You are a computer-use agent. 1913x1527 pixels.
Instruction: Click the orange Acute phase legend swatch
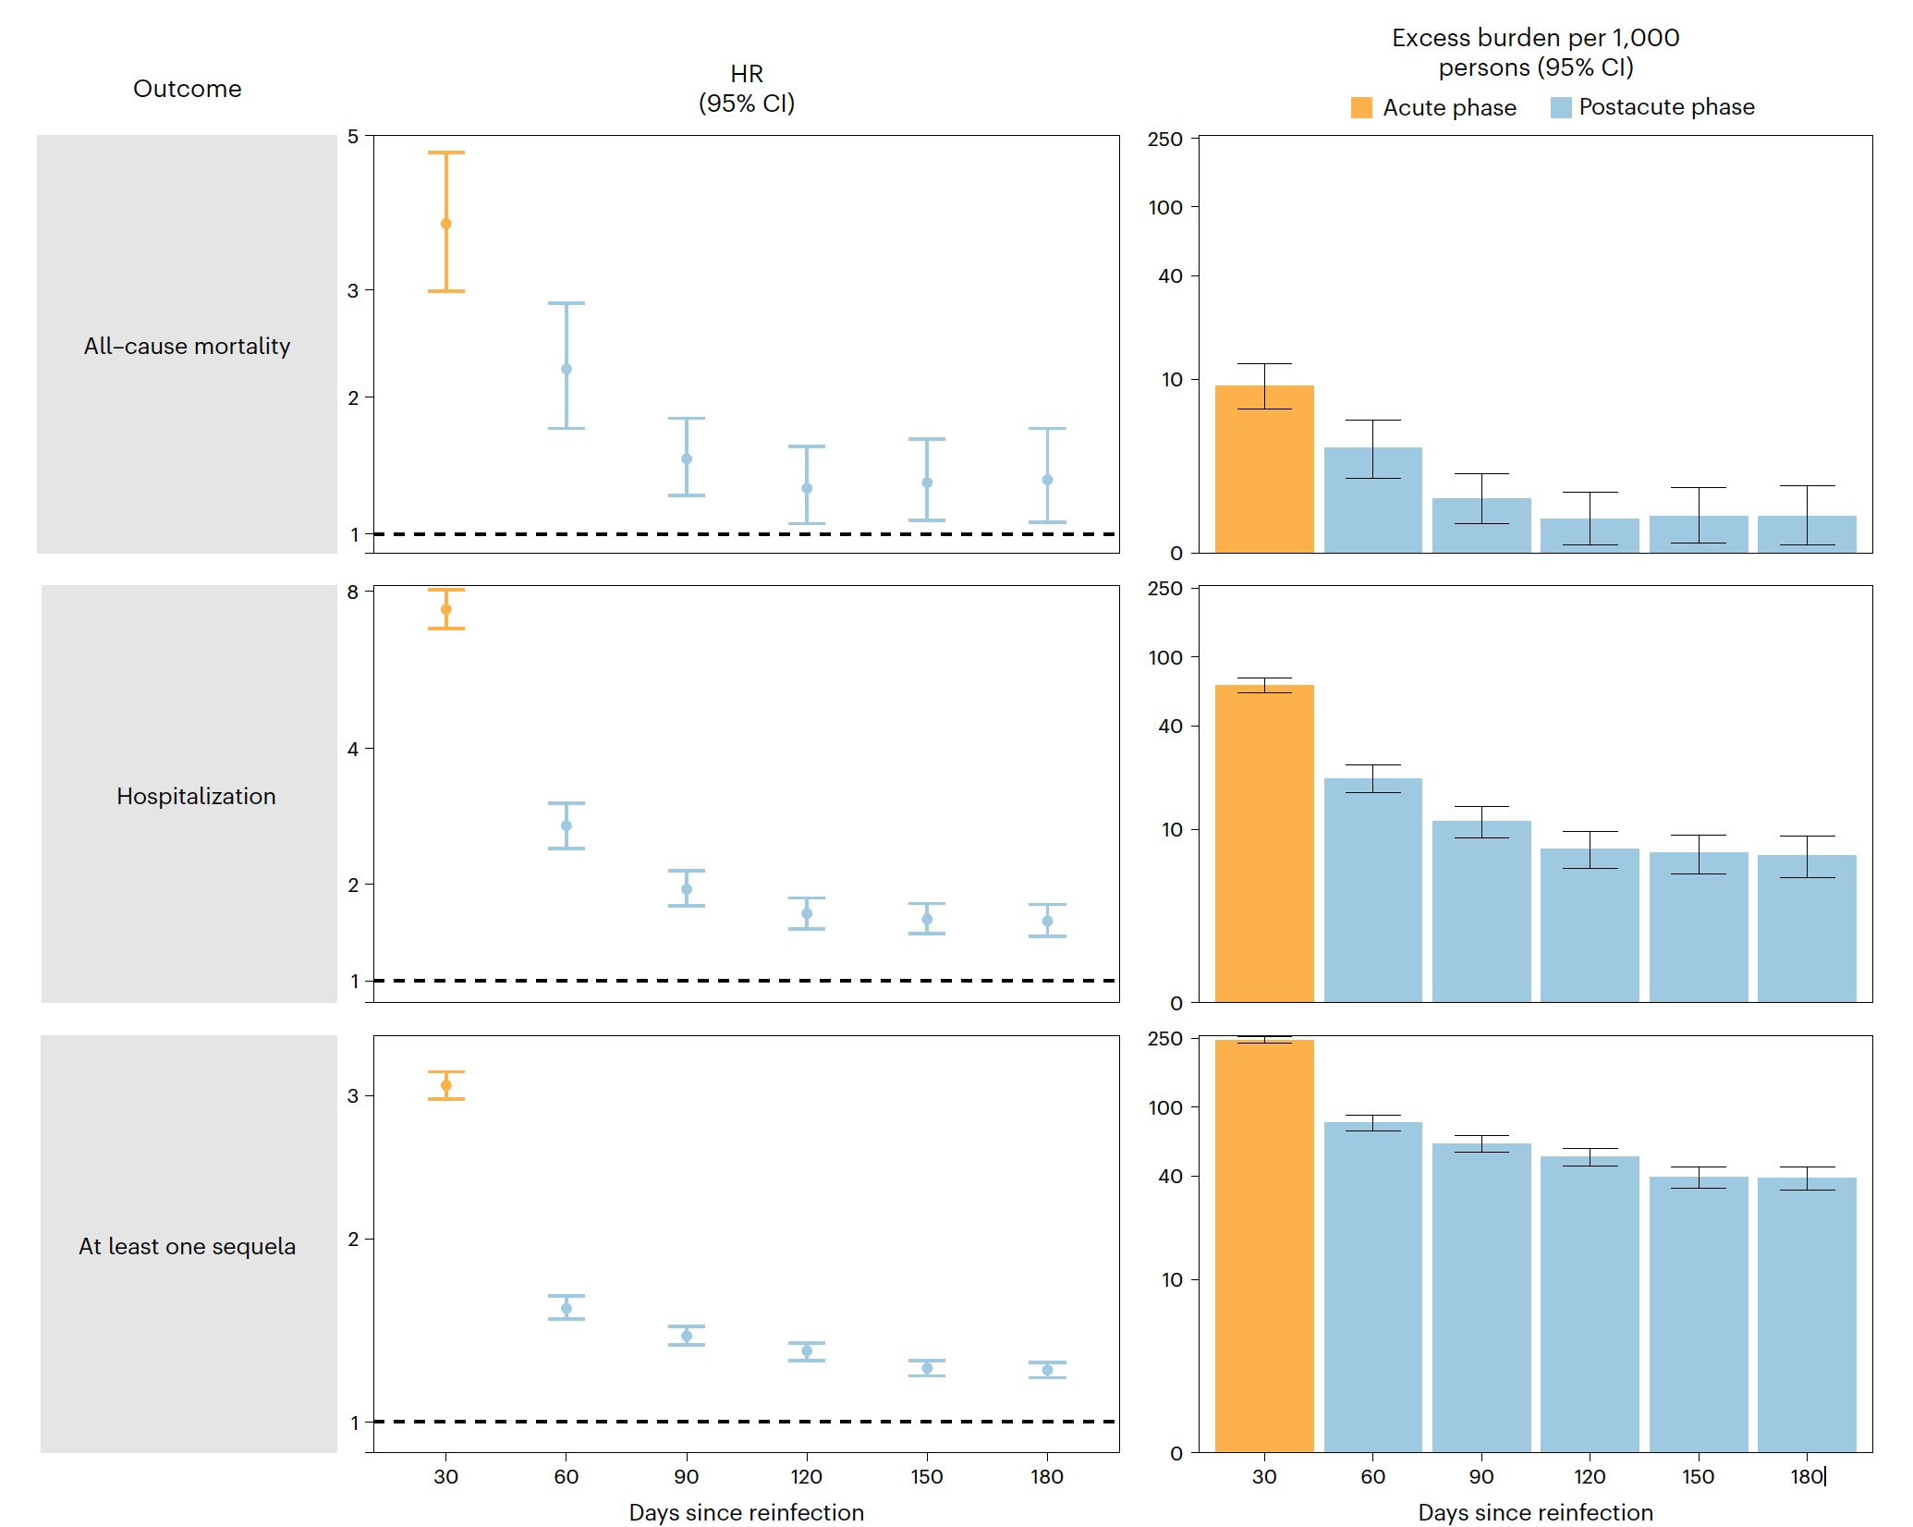click(x=1361, y=108)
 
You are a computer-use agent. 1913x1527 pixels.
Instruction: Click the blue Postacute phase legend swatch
click(x=1561, y=108)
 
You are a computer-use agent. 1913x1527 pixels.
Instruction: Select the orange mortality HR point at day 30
click(x=446, y=224)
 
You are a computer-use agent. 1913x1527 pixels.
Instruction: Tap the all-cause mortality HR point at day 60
click(x=567, y=369)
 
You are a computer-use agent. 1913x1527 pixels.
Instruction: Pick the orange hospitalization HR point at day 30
click(x=446, y=609)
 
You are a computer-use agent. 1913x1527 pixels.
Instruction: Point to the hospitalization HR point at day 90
click(x=687, y=889)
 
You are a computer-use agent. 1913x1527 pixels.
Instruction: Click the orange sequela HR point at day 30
click(x=446, y=1085)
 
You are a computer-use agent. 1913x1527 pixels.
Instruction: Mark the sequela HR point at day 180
click(x=1047, y=1370)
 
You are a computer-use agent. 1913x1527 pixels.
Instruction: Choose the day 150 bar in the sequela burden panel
click(x=1699, y=1313)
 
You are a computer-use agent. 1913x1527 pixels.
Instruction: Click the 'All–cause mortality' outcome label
click(x=187, y=347)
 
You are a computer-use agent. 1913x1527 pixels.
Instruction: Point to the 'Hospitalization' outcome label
click(x=196, y=797)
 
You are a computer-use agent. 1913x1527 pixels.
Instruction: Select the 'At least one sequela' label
click(x=187, y=1247)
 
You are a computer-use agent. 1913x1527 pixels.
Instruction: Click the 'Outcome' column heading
click(x=187, y=89)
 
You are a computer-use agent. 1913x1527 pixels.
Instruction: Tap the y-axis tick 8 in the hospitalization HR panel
click(x=353, y=592)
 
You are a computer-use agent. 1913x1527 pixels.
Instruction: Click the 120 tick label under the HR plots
click(x=807, y=1477)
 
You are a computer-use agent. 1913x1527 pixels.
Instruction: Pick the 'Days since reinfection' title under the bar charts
click(x=1535, y=1512)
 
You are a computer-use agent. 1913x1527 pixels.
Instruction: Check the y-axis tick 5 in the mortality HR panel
click(x=353, y=137)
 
